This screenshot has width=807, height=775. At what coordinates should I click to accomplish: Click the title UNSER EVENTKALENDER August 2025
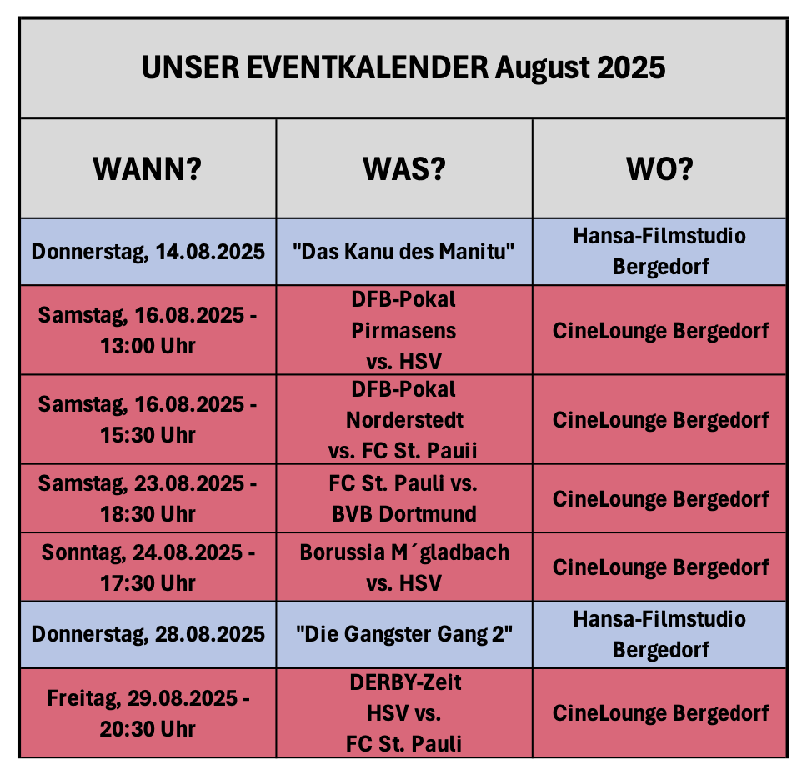(x=403, y=68)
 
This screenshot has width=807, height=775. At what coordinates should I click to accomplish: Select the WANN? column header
(x=148, y=169)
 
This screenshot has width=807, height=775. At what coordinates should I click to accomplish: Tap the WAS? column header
(x=404, y=169)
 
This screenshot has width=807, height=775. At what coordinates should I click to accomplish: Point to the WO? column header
(x=659, y=169)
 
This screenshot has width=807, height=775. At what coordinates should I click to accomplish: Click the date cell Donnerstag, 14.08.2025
(x=148, y=252)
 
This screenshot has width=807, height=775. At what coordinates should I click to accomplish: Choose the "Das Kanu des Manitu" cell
(x=404, y=252)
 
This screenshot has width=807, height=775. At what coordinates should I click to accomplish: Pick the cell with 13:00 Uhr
(x=148, y=330)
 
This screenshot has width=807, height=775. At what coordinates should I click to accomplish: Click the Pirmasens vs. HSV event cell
(x=404, y=330)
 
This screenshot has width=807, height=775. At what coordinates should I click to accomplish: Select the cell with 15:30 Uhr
(x=148, y=419)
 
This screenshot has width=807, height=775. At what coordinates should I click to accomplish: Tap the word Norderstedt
(x=404, y=420)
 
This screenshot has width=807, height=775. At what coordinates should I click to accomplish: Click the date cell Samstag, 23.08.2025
(x=148, y=498)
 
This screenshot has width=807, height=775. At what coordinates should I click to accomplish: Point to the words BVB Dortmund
(x=404, y=514)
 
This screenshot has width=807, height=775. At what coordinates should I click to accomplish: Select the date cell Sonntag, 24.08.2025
(x=148, y=567)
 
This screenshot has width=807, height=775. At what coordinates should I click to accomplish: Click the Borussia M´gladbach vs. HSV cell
(x=404, y=567)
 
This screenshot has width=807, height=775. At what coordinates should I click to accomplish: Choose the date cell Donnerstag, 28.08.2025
(x=148, y=634)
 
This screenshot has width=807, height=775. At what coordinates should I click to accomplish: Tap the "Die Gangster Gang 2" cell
(x=404, y=634)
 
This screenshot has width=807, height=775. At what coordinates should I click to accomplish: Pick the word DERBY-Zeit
(x=405, y=682)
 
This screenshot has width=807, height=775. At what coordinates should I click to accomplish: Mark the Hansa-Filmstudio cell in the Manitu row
(x=659, y=252)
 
